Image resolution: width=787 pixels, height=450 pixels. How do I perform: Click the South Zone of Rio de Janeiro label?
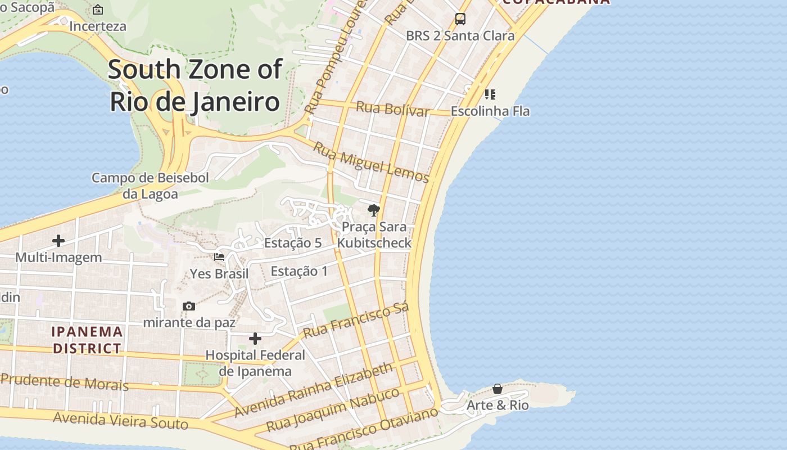pos(195,85)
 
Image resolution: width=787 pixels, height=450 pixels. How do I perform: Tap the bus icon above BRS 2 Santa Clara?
pos(460,19)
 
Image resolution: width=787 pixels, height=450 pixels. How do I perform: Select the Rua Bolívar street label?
pos(392,109)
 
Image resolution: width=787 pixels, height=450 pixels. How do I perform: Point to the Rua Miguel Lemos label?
pos(371,163)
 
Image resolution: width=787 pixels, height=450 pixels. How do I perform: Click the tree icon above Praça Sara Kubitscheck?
pos(373,210)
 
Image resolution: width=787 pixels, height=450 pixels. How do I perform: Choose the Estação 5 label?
pos(293,243)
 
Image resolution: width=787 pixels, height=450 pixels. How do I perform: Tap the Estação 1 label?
pos(299,271)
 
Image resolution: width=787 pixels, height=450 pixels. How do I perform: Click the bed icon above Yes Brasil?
pos(219,257)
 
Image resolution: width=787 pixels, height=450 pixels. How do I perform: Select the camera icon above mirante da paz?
pos(189,306)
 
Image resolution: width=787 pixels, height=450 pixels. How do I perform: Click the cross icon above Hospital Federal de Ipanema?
pos(255,339)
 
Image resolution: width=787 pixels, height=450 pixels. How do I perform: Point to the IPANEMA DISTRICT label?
pos(87,340)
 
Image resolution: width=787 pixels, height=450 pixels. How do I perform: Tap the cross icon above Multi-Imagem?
pos(58,241)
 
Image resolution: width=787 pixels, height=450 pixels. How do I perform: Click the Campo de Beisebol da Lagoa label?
pos(150,186)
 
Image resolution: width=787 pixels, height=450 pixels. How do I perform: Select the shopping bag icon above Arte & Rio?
pos(497,389)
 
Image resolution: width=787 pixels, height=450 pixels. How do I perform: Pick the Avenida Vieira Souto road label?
pos(120,420)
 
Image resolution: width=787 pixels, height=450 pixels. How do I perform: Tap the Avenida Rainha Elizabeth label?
pos(314,389)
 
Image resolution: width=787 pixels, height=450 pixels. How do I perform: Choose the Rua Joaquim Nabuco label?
pos(333,409)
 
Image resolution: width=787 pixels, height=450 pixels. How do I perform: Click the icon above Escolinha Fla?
pos(490,94)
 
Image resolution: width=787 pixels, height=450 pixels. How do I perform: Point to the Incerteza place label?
pos(98,26)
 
